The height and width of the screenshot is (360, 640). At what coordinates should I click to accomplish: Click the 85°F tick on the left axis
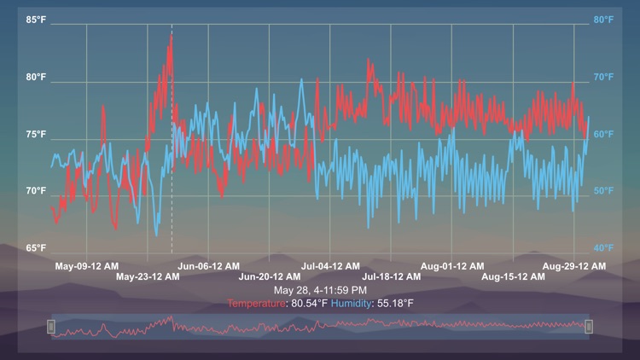[36, 20]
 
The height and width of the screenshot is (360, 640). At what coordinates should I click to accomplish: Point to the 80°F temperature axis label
[36, 77]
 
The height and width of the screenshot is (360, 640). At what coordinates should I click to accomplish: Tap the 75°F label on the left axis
[36, 135]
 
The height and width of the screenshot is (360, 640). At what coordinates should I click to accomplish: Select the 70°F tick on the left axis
[36, 191]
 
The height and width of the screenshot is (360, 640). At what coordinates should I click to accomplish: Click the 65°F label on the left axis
[36, 248]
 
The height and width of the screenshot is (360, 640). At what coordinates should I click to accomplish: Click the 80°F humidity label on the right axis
[603, 20]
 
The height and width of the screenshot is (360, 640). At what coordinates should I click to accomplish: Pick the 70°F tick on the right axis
[603, 77]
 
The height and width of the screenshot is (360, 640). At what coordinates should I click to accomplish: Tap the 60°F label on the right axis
[603, 135]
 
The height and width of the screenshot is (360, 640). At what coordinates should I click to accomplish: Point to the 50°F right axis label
[603, 191]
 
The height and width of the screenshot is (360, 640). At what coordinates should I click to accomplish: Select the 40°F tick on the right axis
[603, 248]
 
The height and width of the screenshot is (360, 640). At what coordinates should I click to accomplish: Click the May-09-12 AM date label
[87, 266]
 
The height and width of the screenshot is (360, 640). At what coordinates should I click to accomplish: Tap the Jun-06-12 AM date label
[208, 266]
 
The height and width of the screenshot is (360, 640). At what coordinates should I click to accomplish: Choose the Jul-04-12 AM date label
[330, 266]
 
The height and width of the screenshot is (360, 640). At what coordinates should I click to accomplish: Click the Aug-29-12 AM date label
[574, 266]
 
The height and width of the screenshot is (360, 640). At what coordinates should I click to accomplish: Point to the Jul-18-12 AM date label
[392, 276]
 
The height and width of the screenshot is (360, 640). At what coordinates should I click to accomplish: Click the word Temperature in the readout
[258, 304]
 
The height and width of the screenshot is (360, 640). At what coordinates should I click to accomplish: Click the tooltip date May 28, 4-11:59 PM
[320, 291]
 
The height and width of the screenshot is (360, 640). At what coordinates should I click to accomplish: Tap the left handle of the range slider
[51, 326]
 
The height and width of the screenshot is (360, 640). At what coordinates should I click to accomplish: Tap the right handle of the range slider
[589, 326]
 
